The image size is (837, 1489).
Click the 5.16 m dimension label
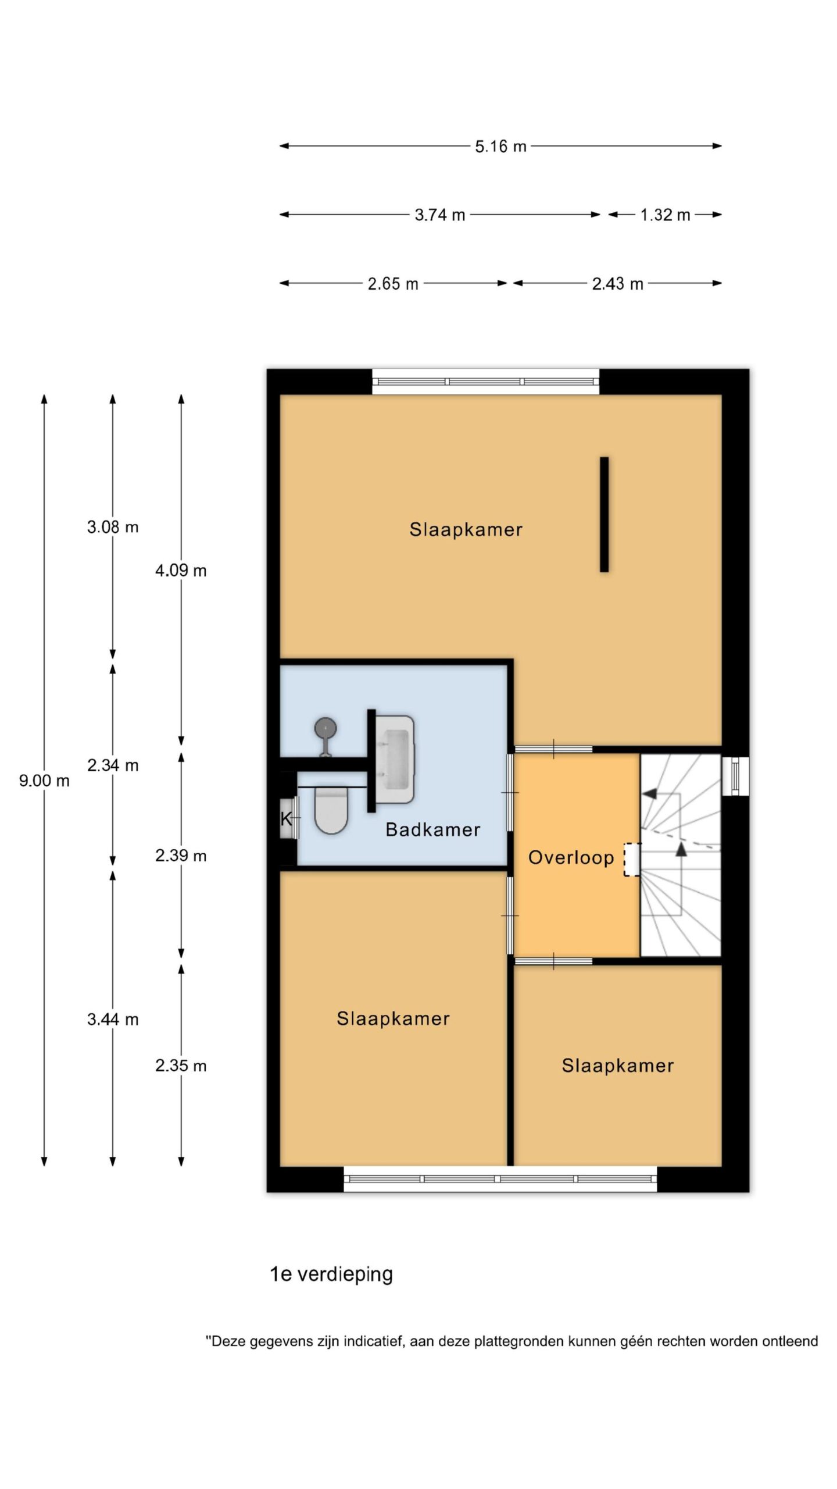point(500,146)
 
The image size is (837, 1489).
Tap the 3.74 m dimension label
point(440,215)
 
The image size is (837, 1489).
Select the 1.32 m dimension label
point(665,215)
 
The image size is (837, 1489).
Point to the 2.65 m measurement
point(393,283)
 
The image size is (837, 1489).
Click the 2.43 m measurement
point(617,283)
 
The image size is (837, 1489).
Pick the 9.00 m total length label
point(44,781)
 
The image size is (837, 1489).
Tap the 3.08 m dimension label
point(113,527)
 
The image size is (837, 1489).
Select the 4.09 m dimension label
point(181,571)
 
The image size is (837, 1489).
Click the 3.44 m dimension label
point(113,1019)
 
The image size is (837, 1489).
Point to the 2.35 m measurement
point(181,1066)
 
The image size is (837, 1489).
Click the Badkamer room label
point(433,829)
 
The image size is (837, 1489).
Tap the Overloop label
point(571,857)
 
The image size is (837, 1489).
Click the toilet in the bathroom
point(331,809)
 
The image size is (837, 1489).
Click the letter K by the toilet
point(286,819)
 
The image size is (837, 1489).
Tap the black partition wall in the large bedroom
point(604,514)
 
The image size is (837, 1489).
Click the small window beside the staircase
point(736,776)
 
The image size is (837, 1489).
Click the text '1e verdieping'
point(331,1274)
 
